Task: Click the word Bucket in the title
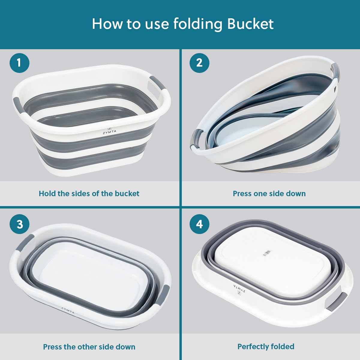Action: point(250,24)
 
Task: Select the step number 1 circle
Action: point(19,63)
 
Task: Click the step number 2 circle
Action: point(199,63)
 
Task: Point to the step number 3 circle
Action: point(19,224)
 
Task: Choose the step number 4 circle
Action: point(199,224)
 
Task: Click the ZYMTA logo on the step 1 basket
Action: point(109,131)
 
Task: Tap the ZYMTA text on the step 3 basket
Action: point(68,310)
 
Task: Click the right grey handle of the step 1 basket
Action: point(158,83)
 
